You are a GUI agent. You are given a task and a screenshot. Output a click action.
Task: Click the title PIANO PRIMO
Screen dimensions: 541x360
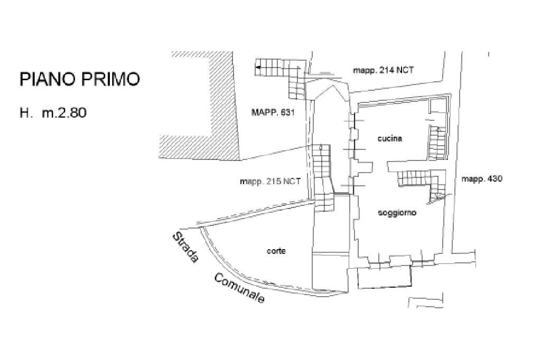(x=80, y=79)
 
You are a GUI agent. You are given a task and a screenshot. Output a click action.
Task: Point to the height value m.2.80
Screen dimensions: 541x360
(x=64, y=112)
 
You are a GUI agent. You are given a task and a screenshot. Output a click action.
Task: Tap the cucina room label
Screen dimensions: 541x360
(x=390, y=139)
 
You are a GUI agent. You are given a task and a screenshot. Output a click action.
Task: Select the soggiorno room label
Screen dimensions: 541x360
(x=397, y=213)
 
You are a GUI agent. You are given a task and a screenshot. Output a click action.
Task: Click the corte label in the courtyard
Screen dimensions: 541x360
(x=276, y=251)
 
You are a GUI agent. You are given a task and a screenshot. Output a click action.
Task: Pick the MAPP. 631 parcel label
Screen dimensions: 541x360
(x=272, y=112)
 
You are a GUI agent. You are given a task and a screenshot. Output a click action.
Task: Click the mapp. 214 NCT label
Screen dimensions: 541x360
(x=384, y=71)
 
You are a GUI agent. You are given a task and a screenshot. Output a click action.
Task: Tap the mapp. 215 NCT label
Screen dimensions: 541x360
(x=270, y=181)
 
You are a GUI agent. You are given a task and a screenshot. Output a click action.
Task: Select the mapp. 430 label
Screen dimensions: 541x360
(x=482, y=179)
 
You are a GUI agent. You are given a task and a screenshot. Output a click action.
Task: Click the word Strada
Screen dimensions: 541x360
(x=186, y=248)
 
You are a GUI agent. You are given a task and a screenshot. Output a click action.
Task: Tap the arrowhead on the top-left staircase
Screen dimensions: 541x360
(x=258, y=68)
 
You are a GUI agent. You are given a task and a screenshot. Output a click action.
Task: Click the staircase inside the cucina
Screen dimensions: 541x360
(x=437, y=143)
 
